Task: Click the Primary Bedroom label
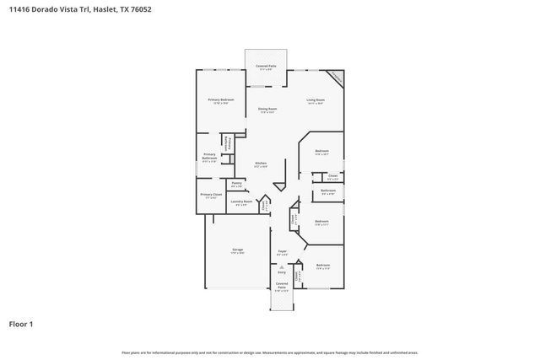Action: [x=221, y=100]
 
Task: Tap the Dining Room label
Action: [x=268, y=109]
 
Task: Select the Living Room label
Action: [x=316, y=100]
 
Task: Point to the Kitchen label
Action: [x=262, y=162]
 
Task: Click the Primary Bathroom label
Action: [x=209, y=157]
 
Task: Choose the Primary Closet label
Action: [x=211, y=194]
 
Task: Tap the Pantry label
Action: [x=236, y=182]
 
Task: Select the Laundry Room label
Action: [x=241, y=201]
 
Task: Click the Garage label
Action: [x=238, y=250]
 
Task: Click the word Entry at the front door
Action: [x=282, y=272]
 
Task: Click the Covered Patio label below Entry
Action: [x=282, y=287]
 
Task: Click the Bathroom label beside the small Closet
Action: [x=328, y=191]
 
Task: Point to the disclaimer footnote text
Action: [x=269, y=352]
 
